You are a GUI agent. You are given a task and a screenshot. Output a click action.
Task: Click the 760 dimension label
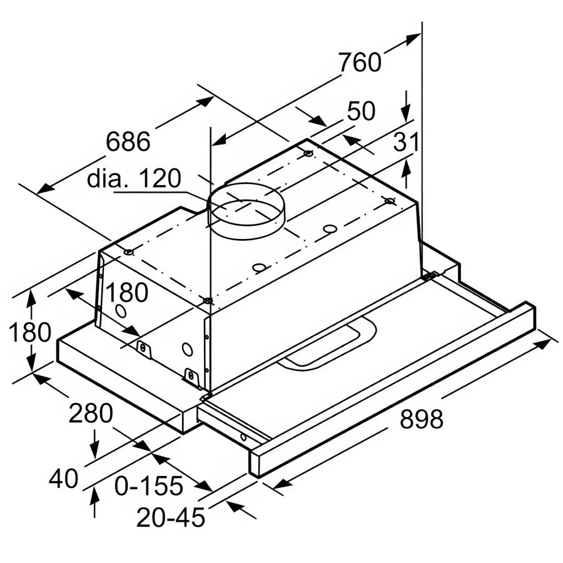[360, 62]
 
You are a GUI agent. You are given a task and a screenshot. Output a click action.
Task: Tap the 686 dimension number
[128, 141]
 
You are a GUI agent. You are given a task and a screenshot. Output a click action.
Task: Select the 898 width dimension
[422, 418]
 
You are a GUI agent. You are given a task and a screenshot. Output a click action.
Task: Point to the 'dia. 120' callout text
[134, 178]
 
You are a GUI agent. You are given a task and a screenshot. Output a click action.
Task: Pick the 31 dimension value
[406, 141]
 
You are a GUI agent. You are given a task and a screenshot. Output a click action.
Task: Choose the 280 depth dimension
[91, 413]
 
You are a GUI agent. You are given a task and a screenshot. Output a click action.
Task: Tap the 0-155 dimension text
[149, 486]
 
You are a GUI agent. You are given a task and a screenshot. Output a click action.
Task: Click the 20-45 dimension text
[171, 517]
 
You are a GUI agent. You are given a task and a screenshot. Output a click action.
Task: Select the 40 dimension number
[64, 479]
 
